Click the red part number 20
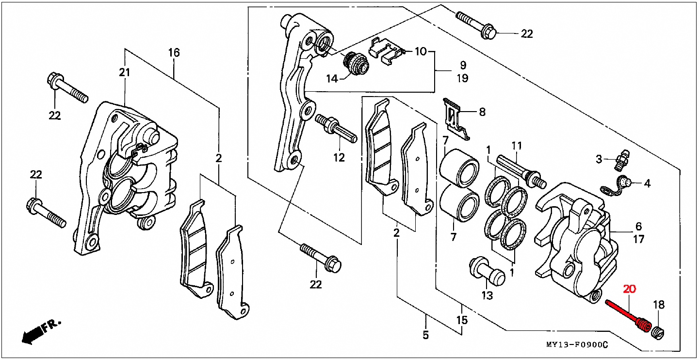(x=629, y=289)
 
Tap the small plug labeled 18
(x=657, y=333)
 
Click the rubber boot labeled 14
(x=356, y=64)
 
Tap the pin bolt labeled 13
(x=487, y=271)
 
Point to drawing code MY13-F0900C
(x=577, y=344)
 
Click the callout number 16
(x=174, y=52)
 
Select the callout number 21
(x=125, y=72)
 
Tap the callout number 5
(x=425, y=335)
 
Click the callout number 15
(x=462, y=320)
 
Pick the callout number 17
(x=638, y=239)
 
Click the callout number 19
(x=462, y=78)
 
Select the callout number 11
(x=517, y=146)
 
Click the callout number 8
(x=482, y=112)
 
